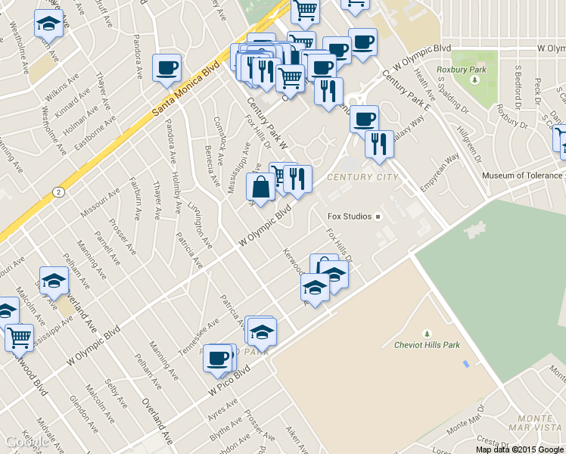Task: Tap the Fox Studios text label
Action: [x=349, y=216]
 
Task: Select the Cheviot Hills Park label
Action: [x=427, y=345]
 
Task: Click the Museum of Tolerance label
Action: [x=522, y=176]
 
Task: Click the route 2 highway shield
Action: [x=59, y=192]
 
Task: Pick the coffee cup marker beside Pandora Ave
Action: [x=166, y=67]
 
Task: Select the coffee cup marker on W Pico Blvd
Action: [x=218, y=357]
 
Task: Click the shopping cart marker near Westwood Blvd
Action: [x=19, y=337]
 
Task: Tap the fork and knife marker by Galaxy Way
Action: [x=379, y=143]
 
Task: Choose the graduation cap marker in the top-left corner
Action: [x=49, y=23]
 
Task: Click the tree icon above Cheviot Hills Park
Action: [x=427, y=333]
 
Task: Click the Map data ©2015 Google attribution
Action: [x=520, y=449]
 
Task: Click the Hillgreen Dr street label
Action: [x=469, y=141]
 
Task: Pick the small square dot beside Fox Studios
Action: [x=379, y=216]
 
